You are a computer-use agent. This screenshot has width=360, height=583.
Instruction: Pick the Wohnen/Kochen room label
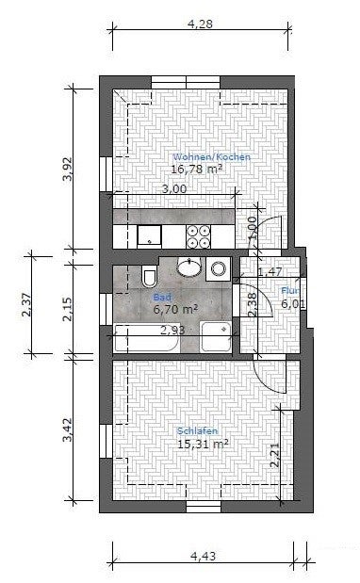click(211, 157)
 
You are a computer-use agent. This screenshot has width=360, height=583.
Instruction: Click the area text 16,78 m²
click(196, 170)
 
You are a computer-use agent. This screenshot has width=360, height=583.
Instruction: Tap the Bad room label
click(172, 295)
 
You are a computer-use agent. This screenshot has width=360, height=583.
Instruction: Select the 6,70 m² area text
click(175, 308)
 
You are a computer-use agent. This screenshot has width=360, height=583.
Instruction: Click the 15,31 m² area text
click(203, 443)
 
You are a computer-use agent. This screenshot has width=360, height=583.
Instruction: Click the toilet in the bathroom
click(148, 277)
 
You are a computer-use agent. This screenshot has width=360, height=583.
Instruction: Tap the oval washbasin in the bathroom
click(191, 268)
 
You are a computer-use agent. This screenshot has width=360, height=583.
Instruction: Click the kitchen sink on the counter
click(149, 235)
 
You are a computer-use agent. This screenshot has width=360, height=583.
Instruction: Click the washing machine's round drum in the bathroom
click(219, 269)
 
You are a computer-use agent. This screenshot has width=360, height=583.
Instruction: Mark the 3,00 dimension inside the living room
click(174, 189)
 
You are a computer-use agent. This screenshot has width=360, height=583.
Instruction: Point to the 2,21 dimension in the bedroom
click(274, 455)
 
